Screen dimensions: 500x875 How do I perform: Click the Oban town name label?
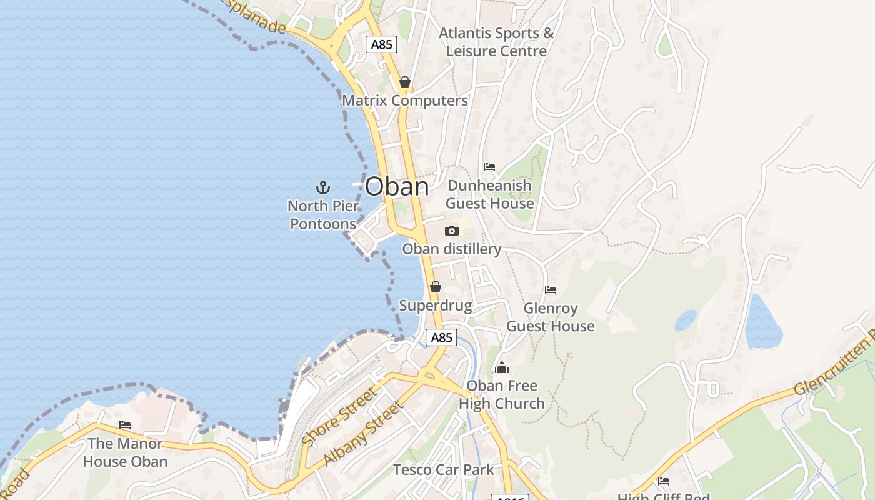[x=397, y=186]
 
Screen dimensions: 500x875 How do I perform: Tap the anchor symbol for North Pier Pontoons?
[x=322, y=187]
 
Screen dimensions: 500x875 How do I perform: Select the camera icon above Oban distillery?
[x=451, y=231]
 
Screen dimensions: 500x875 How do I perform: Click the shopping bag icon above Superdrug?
[x=435, y=287]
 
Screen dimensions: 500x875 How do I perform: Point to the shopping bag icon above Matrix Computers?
[x=404, y=82]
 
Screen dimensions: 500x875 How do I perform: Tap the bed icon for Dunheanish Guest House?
[x=489, y=167]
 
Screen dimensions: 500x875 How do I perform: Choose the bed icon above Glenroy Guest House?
[x=550, y=290]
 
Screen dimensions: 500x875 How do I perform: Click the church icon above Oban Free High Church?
[x=501, y=367]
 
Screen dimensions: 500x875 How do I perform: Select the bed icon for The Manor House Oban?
[x=125, y=425]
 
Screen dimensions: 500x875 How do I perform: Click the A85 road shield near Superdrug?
[x=441, y=337]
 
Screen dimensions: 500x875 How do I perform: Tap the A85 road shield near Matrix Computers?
[x=381, y=44]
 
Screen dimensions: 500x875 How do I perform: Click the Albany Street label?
[x=364, y=434]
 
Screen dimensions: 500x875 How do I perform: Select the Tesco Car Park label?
[x=443, y=469]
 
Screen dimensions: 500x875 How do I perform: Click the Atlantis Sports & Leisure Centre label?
[x=496, y=42]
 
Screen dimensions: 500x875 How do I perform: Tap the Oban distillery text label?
[x=451, y=249]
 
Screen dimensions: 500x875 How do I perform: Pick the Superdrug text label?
[x=435, y=306]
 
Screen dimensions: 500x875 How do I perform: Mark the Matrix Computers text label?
[x=404, y=101]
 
